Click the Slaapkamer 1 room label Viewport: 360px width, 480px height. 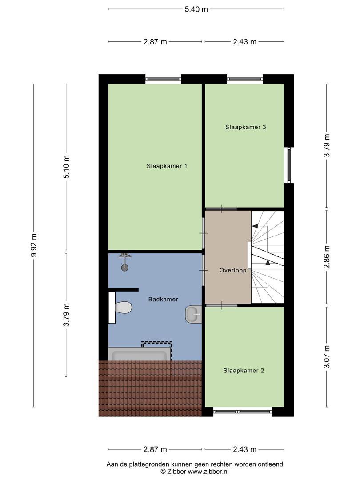[167, 166]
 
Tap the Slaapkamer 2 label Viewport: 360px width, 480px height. [244, 371]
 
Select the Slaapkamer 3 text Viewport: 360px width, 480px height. [245, 127]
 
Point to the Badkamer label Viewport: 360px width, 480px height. [163, 300]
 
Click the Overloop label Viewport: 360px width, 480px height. [233, 270]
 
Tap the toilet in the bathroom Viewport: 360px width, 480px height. [120, 308]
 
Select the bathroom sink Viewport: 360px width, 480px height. [193, 314]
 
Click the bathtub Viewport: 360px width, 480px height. [140, 355]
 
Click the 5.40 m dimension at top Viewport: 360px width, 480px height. [196, 9]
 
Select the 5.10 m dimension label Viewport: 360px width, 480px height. [66, 167]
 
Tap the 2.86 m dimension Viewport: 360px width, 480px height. [327, 257]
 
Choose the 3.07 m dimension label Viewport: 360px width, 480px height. [327, 357]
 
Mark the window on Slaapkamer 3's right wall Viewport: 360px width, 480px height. [289, 165]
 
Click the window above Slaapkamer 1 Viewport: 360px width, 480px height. [163, 79]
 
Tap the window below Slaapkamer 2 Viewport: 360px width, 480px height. [243, 412]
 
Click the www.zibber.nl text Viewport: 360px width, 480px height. [208, 472]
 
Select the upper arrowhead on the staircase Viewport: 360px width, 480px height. [254, 226]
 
